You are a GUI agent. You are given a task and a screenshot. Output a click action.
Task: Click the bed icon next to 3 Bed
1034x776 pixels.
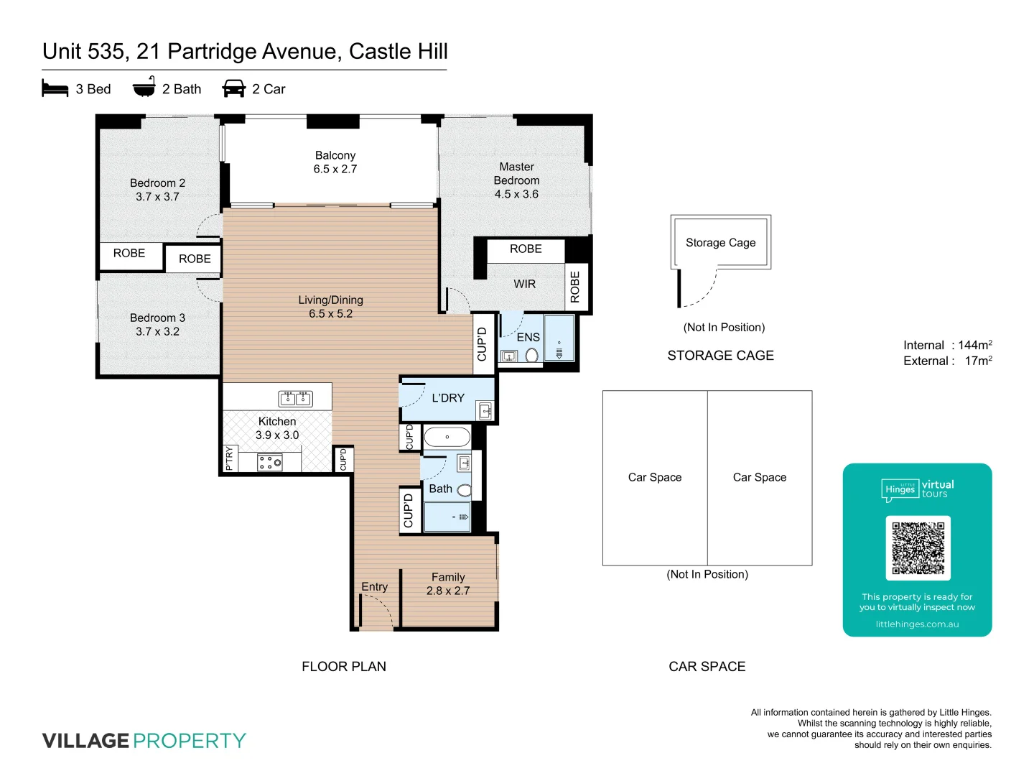(55, 88)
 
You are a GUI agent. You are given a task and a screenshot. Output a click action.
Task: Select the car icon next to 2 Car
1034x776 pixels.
(234, 88)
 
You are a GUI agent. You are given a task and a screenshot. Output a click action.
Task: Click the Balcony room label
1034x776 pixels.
(335, 155)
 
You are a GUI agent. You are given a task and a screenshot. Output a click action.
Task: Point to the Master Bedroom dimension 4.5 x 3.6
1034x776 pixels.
(516, 194)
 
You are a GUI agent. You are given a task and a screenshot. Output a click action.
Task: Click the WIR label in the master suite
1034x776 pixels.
(524, 284)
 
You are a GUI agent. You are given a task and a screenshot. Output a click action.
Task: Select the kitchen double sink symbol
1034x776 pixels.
(295, 398)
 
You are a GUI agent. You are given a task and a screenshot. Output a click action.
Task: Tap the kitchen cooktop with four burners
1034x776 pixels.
(270, 463)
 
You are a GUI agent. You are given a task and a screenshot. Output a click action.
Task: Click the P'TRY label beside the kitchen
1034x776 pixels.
(229, 458)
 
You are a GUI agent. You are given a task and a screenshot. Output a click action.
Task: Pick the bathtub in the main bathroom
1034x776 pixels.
(447, 437)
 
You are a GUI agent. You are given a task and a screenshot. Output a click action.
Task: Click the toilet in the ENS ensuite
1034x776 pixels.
(531, 356)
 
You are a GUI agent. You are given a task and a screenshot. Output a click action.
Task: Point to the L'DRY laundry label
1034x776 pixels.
(447, 398)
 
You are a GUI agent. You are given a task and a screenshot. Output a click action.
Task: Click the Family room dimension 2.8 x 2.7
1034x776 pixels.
(448, 591)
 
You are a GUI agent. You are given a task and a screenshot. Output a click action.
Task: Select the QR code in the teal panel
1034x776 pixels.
(918, 548)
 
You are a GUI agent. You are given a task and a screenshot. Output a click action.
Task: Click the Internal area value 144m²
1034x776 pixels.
(974, 346)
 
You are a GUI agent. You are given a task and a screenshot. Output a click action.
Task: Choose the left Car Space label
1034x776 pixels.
(654, 477)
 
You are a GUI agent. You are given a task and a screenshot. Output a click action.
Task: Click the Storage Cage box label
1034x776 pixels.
(720, 243)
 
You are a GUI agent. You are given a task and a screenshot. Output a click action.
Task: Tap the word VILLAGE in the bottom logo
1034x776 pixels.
(85, 741)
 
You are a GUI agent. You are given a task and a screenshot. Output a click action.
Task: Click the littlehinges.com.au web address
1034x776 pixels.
(917, 624)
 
